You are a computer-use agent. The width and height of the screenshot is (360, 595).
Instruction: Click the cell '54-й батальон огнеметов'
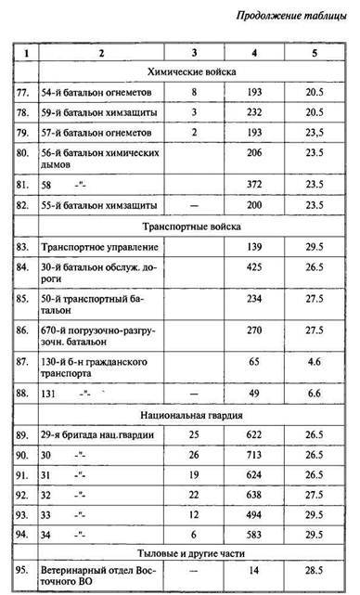coord(90,94)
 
